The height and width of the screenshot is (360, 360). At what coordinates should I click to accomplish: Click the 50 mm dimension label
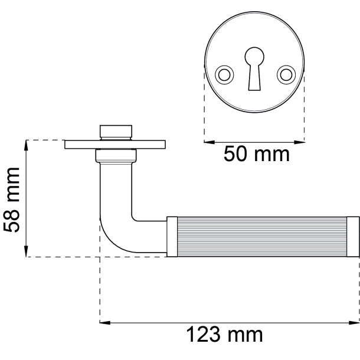click(257, 154)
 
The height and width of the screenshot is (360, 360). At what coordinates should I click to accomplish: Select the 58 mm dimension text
click(11, 199)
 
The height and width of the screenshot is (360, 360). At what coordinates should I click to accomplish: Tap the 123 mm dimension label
click(224, 335)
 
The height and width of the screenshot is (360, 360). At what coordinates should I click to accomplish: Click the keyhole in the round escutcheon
click(254, 68)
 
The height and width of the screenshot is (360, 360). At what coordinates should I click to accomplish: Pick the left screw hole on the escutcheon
click(224, 75)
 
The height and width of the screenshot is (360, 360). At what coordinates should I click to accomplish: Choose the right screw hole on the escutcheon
click(286, 75)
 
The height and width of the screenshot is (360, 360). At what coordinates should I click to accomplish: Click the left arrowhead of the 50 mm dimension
click(209, 142)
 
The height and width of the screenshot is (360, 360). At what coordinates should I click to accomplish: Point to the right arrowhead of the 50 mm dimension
click(299, 142)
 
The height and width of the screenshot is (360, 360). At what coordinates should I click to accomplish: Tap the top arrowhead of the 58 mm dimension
click(26, 145)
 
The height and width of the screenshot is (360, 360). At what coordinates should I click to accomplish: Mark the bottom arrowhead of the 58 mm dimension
click(26, 251)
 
